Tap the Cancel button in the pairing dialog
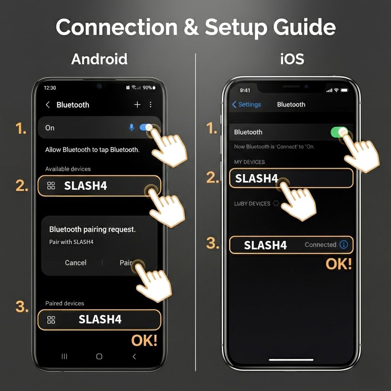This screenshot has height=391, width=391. tap(76, 263)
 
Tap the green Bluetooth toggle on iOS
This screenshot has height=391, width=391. tap(339, 132)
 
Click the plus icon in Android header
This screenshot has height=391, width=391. tap(137, 105)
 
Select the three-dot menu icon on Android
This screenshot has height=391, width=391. tap(150, 105)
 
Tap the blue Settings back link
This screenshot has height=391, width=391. tap(247, 105)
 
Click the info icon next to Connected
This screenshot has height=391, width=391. tap(344, 245)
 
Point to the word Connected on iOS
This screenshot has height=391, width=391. tap(320, 245)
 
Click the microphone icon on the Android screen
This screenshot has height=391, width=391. tap(132, 128)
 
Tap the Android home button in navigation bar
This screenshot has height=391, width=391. tap(99, 356)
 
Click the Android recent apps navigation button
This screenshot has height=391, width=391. tap(65, 356)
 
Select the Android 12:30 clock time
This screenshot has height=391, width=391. tap(50, 88)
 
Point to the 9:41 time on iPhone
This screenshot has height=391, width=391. tap(245, 90)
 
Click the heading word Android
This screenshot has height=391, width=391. tap(99, 59)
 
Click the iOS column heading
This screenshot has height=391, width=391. tap(292, 59)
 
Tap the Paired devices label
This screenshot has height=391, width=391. tap(65, 303)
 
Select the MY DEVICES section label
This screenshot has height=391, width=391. tap(249, 162)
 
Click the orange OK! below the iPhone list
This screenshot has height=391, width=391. tap(338, 264)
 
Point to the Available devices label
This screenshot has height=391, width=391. tap(68, 169)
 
